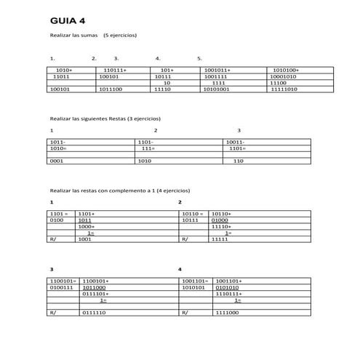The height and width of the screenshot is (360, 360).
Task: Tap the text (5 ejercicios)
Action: [x=120, y=36]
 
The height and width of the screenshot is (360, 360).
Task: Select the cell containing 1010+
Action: [x=63, y=70]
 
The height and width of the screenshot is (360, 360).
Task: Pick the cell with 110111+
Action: [x=114, y=70]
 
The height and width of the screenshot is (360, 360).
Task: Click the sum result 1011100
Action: [x=110, y=89]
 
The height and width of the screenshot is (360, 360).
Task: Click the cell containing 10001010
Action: [x=283, y=76]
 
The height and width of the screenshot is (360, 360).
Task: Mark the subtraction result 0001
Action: [x=57, y=161]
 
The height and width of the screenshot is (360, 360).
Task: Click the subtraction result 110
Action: [x=238, y=161]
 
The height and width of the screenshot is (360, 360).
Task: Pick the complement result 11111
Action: [x=220, y=239]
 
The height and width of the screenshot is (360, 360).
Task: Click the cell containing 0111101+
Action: [x=95, y=293]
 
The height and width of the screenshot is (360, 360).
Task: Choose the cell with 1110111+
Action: [x=229, y=293]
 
